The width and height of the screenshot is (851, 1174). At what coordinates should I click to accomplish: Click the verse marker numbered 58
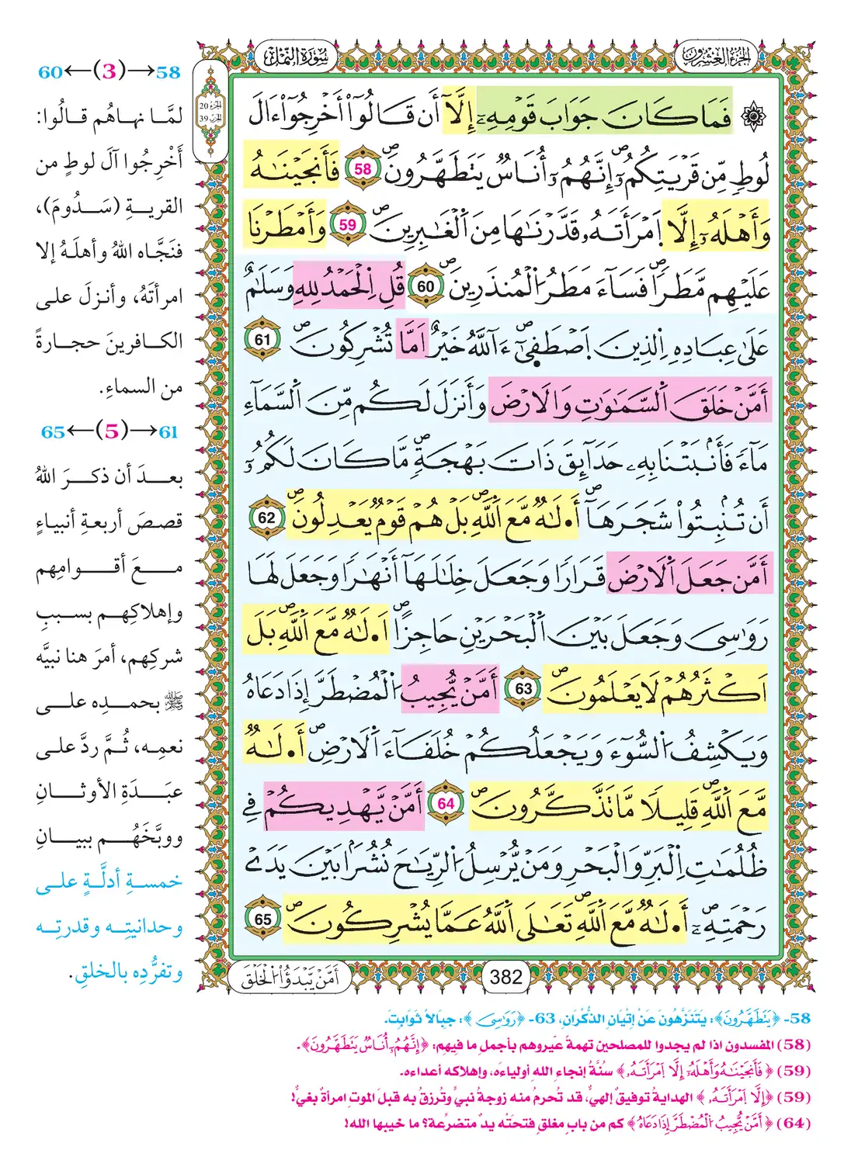tap(363, 170)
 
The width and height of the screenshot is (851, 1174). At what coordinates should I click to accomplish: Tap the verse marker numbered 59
tap(347, 225)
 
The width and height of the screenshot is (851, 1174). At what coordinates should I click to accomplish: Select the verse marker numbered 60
tap(425, 286)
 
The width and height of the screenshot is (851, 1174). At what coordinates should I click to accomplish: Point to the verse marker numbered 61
tap(262, 340)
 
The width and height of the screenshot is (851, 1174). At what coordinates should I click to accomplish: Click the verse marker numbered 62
tap(266, 518)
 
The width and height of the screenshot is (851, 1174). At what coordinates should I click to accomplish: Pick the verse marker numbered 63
tap(524, 688)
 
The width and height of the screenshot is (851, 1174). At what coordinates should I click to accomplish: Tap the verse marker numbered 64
tap(445, 803)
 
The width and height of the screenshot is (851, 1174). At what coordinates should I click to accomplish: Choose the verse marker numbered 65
tap(263, 919)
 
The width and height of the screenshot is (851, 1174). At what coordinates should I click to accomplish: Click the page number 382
tap(505, 977)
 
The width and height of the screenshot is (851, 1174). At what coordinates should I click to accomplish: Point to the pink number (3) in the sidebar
tap(109, 72)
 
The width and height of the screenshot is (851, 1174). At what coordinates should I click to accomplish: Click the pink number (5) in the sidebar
tap(111, 431)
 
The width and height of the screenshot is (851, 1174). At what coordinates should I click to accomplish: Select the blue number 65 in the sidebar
tap(53, 432)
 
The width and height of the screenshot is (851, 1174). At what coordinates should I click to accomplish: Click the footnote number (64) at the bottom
tap(794, 1123)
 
